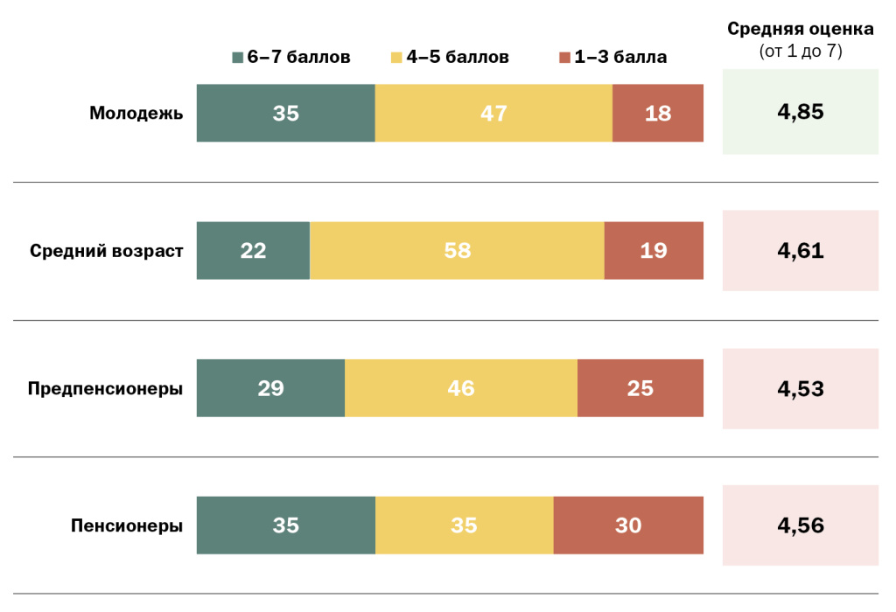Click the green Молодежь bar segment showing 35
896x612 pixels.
click(x=285, y=113)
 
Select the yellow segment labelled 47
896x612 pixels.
click(x=493, y=113)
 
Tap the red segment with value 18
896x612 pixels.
click(x=658, y=113)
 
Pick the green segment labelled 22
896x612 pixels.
click(x=253, y=251)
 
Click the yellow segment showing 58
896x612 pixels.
click(x=457, y=251)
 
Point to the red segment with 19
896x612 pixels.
click(x=654, y=251)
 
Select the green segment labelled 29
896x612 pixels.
click(x=270, y=388)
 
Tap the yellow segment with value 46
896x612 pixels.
click(x=461, y=388)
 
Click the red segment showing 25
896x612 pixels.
click(x=640, y=388)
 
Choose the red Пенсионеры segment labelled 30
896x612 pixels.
click(x=628, y=525)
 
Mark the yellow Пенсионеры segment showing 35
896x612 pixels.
click(x=464, y=525)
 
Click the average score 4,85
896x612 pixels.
click(x=800, y=113)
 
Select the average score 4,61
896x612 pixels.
click(x=800, y=251)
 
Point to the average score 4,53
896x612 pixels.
click(x=800, y=388)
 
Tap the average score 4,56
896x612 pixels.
click(x=800, y=525)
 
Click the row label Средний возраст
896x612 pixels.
click(x=107, y=251)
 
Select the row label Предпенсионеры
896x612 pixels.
click(x=105, y=388)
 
